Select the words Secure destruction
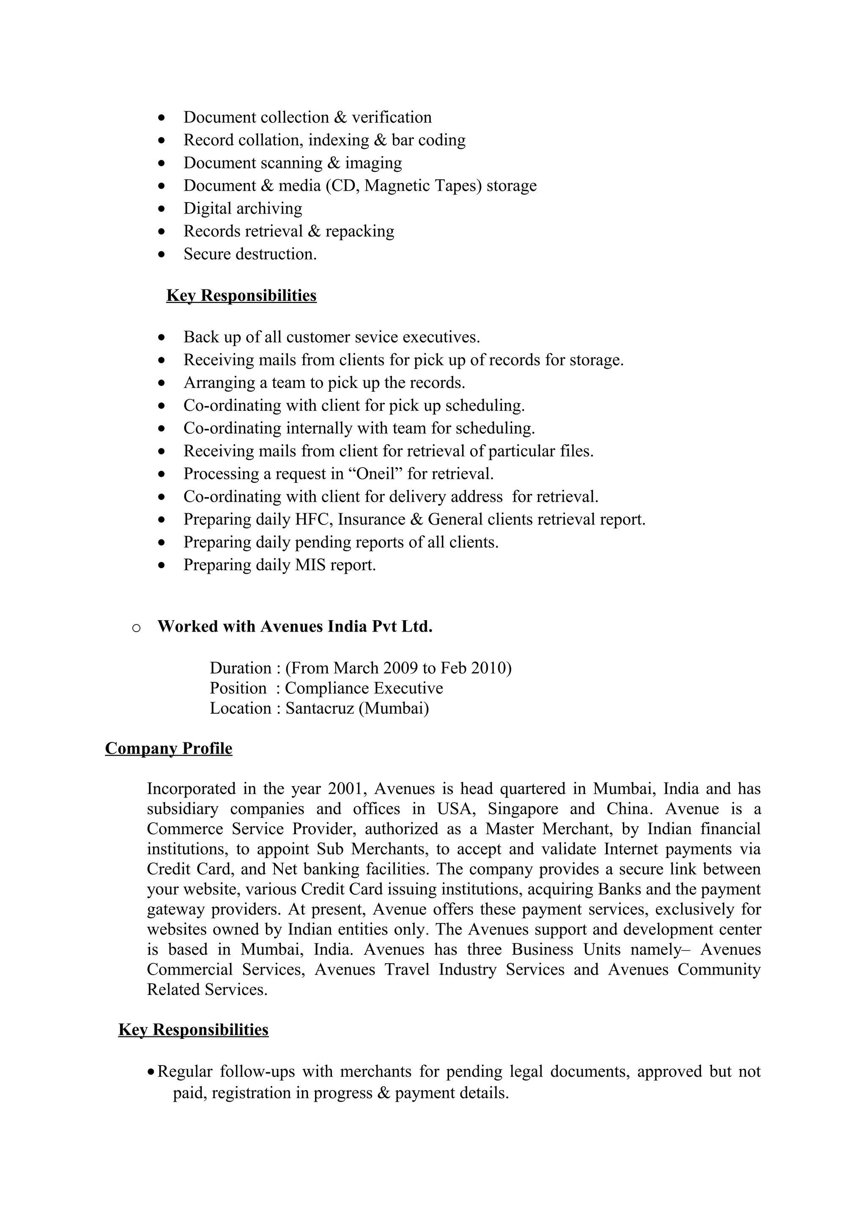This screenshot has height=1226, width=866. pos(250,254)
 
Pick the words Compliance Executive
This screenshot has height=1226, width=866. pos(364,688)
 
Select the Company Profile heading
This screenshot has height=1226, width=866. pos(169,749)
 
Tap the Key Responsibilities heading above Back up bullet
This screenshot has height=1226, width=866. pos(241,296)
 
